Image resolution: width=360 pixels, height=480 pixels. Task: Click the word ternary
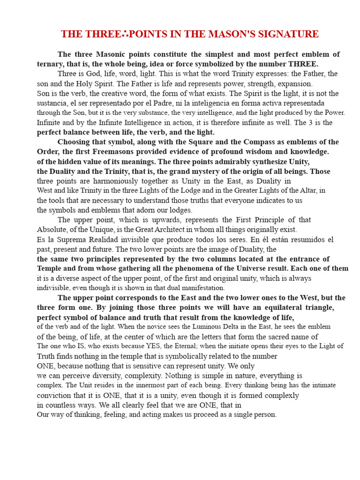tap(50, 64)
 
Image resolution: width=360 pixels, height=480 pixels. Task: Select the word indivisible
tap(54, 288)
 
